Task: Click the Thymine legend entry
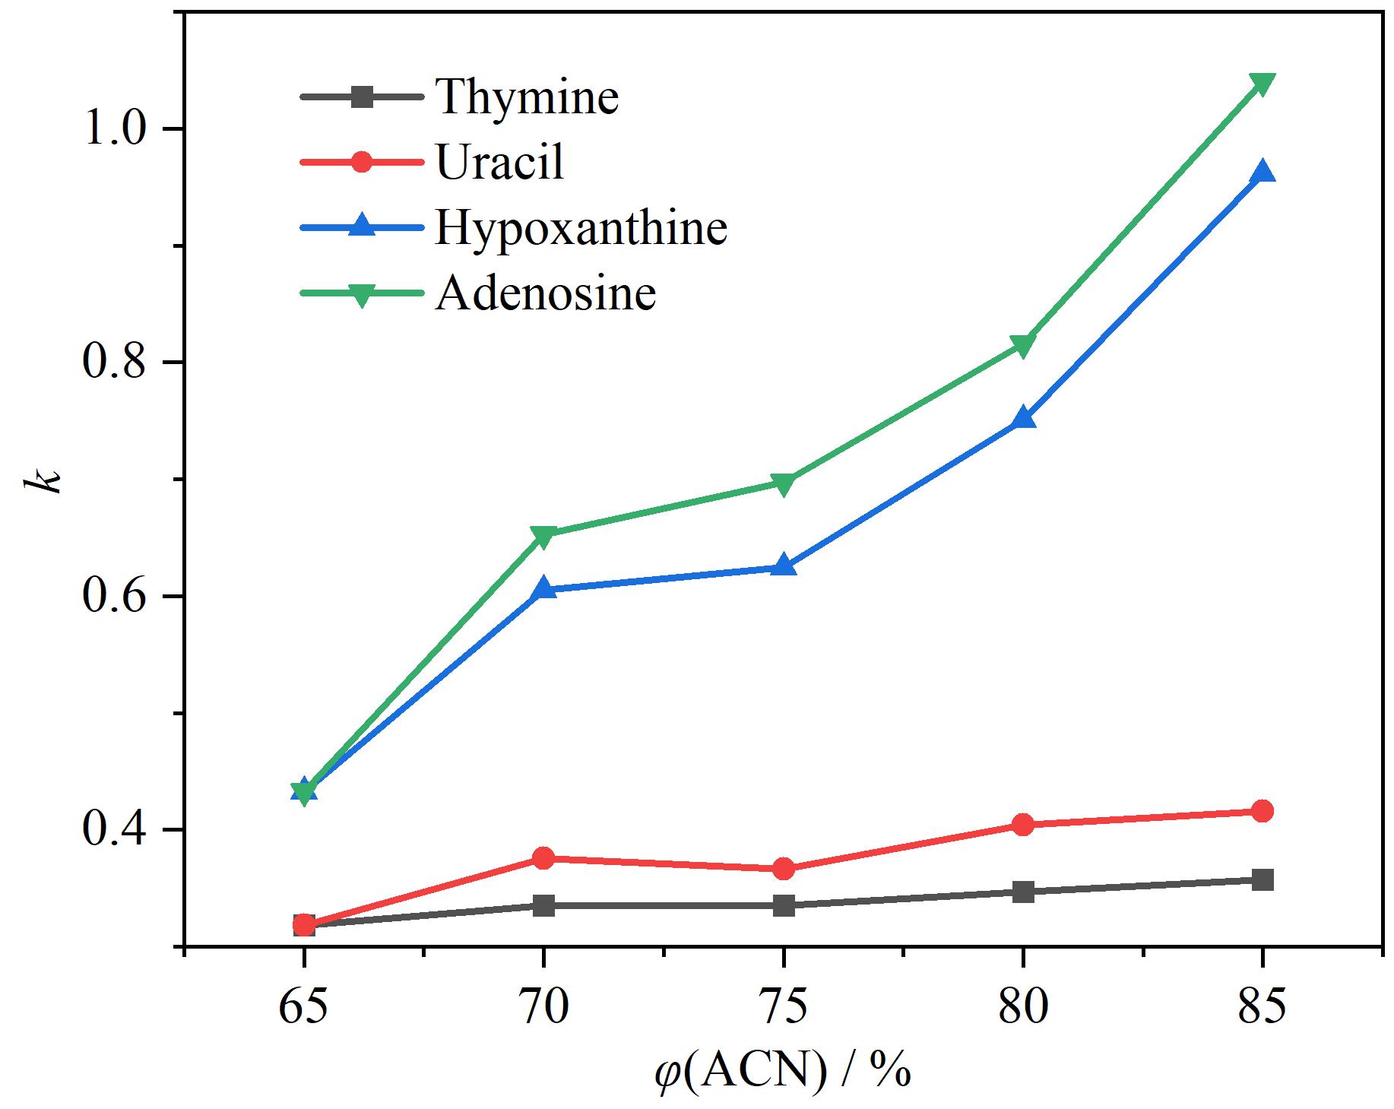click(527, 97)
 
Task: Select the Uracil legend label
click(500, 162)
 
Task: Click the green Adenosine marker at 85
click(1263, 84)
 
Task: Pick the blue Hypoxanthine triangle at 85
click(1263, 171)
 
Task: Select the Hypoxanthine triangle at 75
click(784, 565)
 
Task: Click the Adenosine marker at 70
click(543, 536)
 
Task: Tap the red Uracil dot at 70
click(543, 858)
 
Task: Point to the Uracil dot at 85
click(1263, 811)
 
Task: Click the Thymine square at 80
click(1023, 892)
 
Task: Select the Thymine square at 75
click(784, 905)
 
